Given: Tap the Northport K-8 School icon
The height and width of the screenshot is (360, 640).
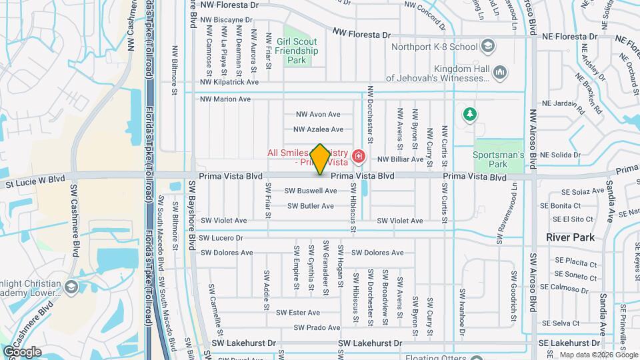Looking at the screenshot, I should pyautogui.click(x=487, y=47).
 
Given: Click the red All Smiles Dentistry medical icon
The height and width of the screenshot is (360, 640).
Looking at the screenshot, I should pyautogui.click(x=359, y=157).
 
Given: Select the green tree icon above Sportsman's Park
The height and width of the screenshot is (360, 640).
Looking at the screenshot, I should pyautogui.click(x=470, y=114).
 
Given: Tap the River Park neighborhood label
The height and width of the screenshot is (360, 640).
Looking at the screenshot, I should pyautogui.click(x=569, y=237).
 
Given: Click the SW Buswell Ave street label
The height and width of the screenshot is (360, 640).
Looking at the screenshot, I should pyautogui.click(x=311, y=191).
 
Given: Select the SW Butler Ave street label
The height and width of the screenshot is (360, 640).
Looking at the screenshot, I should pyautogui.click(x=309, y=206).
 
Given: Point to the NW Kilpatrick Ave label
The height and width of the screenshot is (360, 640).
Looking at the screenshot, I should pyautogui.click(x=229, y=82).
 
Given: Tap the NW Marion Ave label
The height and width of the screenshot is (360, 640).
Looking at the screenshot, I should pyautogui.click(x=225, y=99).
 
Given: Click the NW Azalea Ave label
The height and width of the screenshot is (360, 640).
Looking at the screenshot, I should pyautogui.click(x=319, y=129).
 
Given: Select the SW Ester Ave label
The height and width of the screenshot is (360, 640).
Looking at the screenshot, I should pyautogui.click(x=298, y=312).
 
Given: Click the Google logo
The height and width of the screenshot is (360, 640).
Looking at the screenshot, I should pyautogui.click(x=21, y=351).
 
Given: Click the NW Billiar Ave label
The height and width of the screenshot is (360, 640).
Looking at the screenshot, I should pyautogui.click(x=400, y=159).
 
